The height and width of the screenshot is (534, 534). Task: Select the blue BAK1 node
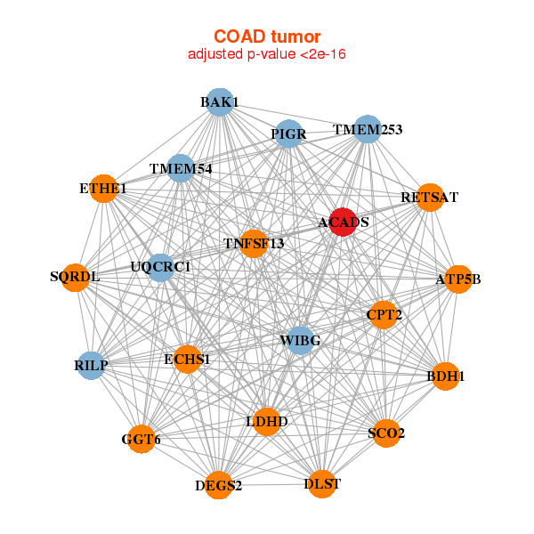219,102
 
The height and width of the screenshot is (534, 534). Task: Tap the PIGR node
288,134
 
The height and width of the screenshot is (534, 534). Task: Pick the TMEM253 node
368,130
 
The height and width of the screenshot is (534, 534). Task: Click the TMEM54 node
181,169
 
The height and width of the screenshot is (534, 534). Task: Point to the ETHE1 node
103,189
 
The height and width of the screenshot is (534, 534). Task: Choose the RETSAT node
429,198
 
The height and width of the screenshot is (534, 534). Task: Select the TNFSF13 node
254,244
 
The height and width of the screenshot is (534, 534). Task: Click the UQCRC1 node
160,267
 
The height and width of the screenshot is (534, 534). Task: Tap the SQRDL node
76,277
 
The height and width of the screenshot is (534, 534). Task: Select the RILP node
92,365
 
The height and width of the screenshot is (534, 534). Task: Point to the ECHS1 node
187,360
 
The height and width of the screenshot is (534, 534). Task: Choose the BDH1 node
446,376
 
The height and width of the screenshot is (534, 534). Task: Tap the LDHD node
267,421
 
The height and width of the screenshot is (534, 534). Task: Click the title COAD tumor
267,36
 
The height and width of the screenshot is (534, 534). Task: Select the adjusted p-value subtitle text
267,54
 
